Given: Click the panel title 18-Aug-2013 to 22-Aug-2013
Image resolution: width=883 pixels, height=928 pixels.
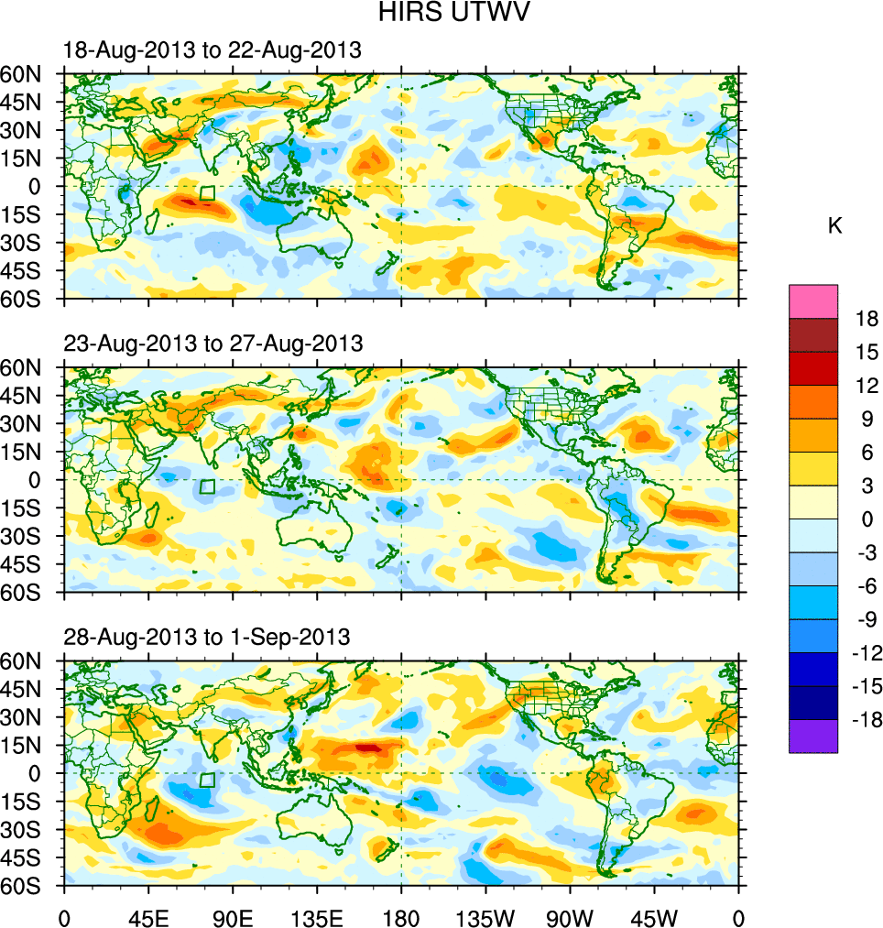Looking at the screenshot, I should click(212, 51).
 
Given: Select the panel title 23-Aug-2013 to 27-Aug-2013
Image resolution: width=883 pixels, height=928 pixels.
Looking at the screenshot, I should click(213, 344).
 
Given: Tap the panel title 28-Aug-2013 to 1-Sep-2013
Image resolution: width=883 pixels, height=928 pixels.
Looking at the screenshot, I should click(206, 637).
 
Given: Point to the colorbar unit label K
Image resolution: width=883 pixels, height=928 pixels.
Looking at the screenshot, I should click(834, 226).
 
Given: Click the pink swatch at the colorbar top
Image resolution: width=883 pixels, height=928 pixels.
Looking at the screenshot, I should click(813, 300).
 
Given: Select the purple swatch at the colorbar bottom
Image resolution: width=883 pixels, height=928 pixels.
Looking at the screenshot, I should click(813, 737).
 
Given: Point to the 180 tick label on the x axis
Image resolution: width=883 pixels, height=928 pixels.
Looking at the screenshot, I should click(401, 917).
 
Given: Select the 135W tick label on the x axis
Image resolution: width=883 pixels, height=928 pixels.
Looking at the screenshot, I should click(485, 917).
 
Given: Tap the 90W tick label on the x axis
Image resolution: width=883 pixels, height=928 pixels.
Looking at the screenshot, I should click(570, 917).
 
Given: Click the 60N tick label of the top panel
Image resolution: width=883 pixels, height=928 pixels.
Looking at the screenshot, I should click(29, 74).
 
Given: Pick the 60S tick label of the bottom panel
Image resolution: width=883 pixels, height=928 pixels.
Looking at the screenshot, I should click(29, 887).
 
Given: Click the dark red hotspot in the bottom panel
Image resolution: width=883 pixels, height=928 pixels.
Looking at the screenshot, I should click(368, 748).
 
